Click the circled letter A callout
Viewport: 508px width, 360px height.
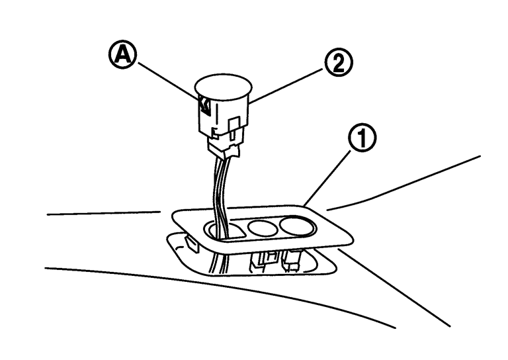pos(122,56)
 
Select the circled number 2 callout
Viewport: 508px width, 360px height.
pos(339,63)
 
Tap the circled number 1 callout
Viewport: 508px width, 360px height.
pos(362,138)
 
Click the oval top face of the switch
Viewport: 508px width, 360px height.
pos(223,86)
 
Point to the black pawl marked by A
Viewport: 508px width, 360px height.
pos(205,107)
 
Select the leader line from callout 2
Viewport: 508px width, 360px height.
pos(286,86)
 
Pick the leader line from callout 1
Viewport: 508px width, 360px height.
pos(327,178)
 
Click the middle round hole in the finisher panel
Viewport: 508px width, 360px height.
pos(263,227)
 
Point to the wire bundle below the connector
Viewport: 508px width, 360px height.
pos(221,191)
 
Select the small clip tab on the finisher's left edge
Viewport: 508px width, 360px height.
pos(192,244)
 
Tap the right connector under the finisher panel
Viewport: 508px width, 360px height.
pos(291,260)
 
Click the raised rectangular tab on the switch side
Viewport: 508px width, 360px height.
pos(234,125)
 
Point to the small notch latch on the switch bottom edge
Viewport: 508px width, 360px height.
pos(214,132)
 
